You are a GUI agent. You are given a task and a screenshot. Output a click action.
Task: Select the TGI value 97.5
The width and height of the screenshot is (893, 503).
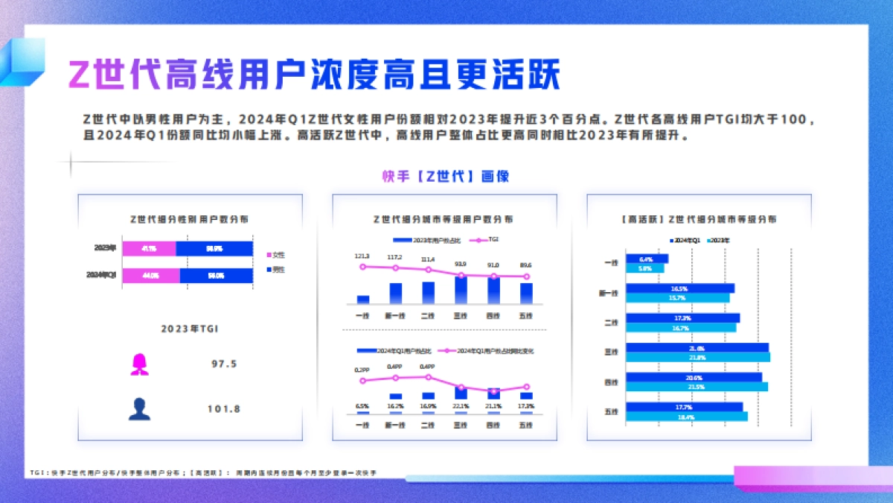pyautogui.click(x=224, y=364)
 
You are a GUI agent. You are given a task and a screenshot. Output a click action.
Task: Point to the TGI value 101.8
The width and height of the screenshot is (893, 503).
pyautogui.click(x=224, y=408)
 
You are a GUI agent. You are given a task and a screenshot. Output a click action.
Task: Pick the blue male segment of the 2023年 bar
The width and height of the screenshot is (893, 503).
pyautogui.click(x=214, y=249)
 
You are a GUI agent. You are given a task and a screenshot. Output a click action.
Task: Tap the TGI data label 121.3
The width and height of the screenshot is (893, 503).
pyautogui.click(x=362, y=256)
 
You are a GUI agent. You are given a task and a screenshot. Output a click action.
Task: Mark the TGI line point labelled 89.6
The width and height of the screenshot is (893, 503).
pyautogui.click(x=526, y=276)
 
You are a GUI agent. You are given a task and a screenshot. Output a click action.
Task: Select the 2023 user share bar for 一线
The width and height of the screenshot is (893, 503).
pyautogui.click(x=363, y=300)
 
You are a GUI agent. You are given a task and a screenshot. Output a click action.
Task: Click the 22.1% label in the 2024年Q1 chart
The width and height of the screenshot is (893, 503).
pyautogui.click(x=461, y=406)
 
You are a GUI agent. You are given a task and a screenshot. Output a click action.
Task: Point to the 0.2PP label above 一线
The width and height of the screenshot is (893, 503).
pyautogui.click(x=362, y=369)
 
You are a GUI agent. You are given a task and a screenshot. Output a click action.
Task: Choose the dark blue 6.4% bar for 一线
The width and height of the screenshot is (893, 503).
pyautogui.click(x=647, y=259)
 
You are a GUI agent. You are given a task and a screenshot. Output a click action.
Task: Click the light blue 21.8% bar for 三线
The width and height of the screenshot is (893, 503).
pyautogui.click(x=697, y=358)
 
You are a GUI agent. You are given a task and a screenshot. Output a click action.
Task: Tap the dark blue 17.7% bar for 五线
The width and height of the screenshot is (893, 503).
pyautogui.click(x=684, y=407)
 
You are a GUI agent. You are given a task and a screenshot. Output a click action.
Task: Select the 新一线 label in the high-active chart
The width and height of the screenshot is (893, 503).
pyautogui.click(x=608, y=294)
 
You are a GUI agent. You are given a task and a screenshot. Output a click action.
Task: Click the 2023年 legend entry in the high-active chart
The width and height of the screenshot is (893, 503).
pyautogui.click(x=718, y=241)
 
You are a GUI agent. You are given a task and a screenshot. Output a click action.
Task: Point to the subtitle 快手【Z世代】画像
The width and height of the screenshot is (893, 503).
pyautogui.click(x=446, y=176)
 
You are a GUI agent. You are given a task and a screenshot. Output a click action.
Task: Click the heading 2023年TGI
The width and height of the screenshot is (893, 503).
pyautogui.click(x=189, y=328)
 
